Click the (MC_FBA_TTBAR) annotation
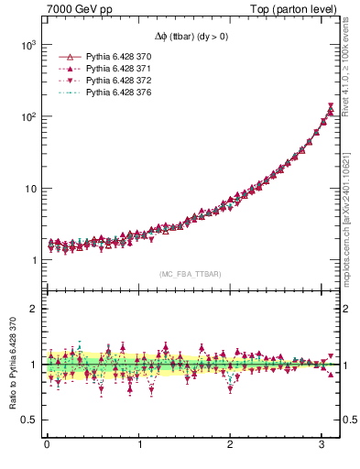pos(189,274)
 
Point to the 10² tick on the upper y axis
pos(28,116)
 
